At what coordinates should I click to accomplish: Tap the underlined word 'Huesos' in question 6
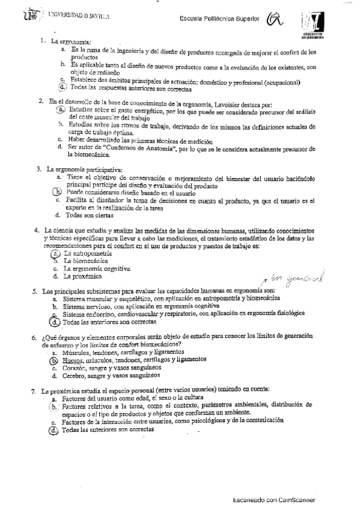73,360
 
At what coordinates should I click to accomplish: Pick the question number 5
36,292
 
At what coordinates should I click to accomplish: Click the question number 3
38,170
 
